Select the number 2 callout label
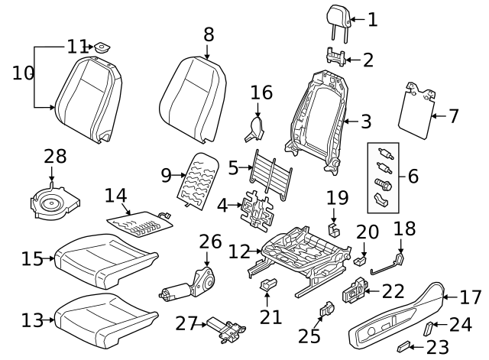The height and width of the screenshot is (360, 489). pos(368,59)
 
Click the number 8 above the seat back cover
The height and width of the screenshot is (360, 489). pos(209,34)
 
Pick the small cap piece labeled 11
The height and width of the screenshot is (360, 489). pos(99,48)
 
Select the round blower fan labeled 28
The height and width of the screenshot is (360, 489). pos(54,203)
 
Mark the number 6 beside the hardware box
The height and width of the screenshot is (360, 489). pos(413,176)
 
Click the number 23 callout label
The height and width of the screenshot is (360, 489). pos(438,346)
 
